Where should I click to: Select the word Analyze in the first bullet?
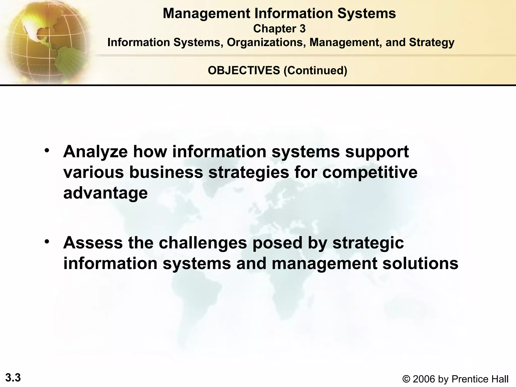tap(95, 152)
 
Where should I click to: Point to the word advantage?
tap(105, 193)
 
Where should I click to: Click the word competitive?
tap(370, 173)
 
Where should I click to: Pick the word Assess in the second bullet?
tap(93, 243)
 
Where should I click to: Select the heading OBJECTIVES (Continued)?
tap(277, 70)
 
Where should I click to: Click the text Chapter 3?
tap(279, 29)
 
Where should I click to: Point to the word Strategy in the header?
tap(432, 42)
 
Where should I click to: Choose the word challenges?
tap(203, 243)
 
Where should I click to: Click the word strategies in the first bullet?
tap(249, 173)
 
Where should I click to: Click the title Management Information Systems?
tap(279, 14)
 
